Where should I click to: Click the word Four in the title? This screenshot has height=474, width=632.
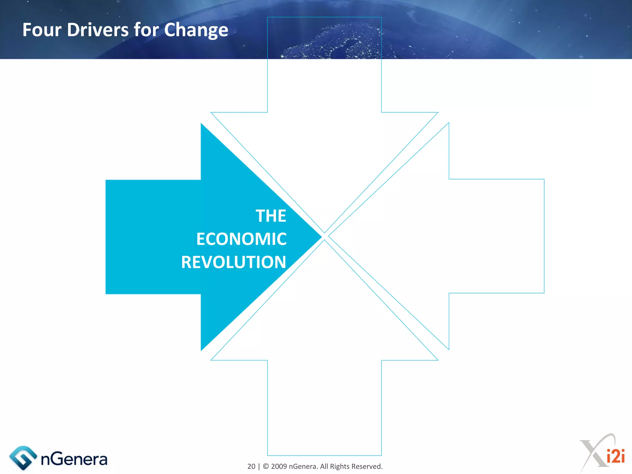42,30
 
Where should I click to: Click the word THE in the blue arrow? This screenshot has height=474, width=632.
271,216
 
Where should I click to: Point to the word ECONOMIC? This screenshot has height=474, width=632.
241,239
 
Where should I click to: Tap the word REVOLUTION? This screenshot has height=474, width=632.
234,262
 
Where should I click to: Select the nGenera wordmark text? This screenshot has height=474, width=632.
74,459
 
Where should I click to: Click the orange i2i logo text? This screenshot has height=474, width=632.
616,456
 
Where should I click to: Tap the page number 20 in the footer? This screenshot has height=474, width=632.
251,466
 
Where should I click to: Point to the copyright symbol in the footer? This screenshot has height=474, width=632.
266,466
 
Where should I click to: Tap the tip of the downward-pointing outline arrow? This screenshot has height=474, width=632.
324,232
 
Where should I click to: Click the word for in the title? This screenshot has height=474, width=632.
144,30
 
